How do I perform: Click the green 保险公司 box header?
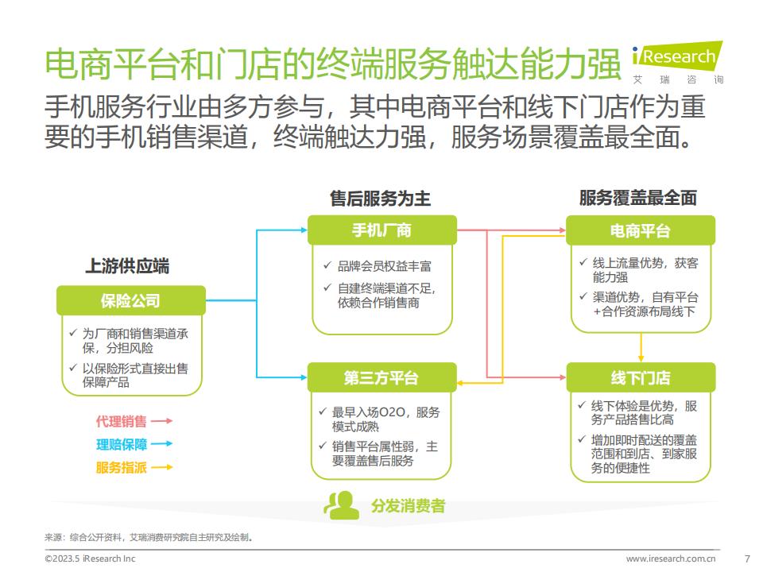coord(131,300)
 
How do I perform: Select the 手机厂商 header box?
coord(382,230)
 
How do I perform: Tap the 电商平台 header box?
coord(641,230)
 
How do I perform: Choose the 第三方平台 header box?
coord(382,377)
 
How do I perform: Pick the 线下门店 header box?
coord(641,377)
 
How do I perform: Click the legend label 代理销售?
coord(121,421)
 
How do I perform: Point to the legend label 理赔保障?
coord(121,444)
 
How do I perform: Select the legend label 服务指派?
coord(121,467)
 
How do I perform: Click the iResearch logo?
coord(678,63)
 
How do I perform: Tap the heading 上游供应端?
coord(127,266)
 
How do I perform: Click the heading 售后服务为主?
coord(380,199)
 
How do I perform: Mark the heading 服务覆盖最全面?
coord(638,198)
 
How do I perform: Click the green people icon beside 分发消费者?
coord(342,505)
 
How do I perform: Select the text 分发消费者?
coord(408,506)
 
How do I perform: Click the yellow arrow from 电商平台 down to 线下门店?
coord(641,347)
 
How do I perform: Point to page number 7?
coord(747,558)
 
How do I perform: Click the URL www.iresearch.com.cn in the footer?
coord(671,558)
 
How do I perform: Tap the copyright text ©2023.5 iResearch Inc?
coord(90,558)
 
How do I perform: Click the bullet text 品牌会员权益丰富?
coord(385,266)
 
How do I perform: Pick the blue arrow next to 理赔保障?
coord(162,443)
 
